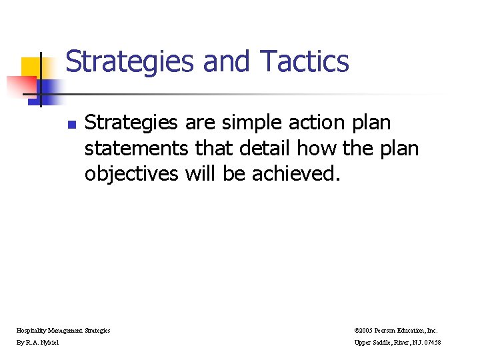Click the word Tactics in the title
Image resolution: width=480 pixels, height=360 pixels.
click(305, 61)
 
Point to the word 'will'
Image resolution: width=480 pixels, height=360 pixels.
click(201, 173)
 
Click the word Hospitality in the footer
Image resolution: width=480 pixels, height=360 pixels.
click(31, 330)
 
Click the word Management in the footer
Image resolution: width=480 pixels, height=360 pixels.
click(65, 330)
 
